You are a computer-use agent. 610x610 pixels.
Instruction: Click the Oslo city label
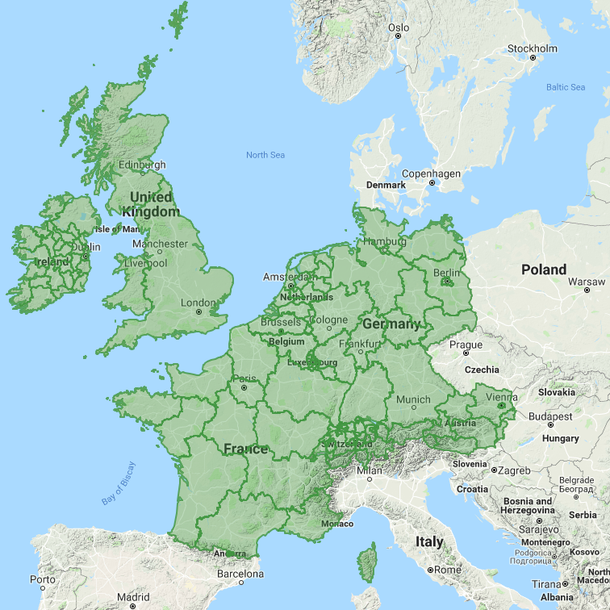tap(399, 27)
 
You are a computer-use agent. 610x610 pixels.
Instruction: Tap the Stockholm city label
tap(532, 48)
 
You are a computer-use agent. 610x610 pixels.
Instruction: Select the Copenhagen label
tap(431, 173)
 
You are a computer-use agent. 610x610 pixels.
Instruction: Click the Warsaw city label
tap(587, 282)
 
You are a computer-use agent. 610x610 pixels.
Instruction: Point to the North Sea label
tap(265, 155)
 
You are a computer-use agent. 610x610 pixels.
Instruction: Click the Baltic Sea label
tap(566, 87)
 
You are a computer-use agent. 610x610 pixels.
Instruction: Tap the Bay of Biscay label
tap(119, 483)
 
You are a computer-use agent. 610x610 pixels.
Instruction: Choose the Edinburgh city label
tap(142, 165)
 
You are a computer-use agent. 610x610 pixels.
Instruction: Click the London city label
tap(198, 303)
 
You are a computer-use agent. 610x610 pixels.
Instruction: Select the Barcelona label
tap(240, 574)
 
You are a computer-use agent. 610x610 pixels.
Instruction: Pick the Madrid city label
tap(132, 598)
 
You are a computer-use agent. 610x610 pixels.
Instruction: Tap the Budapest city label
tap(551, 417)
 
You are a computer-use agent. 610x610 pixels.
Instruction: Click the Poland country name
tap(544, 269)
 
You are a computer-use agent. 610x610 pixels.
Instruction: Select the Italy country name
tap(430, 541)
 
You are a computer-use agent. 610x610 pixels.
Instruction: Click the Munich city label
tap(413, 399)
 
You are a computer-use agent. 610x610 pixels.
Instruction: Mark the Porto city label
tap(43, 579)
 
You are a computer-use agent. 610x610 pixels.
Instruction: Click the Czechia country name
tap(482, 370)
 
